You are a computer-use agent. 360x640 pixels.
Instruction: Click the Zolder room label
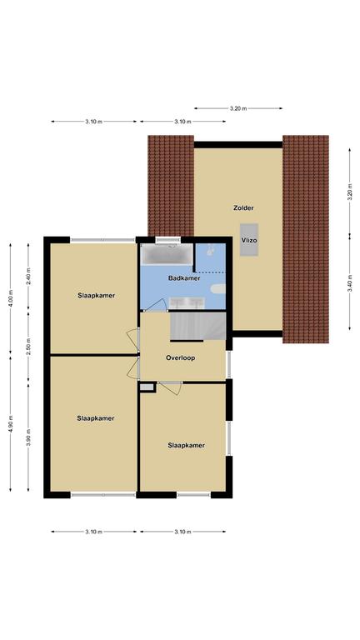[243, 207]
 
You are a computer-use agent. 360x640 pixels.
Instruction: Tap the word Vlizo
[249, 240]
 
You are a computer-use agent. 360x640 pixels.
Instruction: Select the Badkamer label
[184, 278]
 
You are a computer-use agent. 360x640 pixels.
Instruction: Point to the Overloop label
[180, 358]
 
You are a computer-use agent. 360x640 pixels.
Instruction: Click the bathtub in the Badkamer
[167, 255]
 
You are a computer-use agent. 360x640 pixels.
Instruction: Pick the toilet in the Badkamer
[218, 289]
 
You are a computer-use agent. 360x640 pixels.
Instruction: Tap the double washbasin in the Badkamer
[187, 302]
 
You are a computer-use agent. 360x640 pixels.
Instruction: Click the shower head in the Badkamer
[210, 250]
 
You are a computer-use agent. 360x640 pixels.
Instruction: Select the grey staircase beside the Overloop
[198, 326]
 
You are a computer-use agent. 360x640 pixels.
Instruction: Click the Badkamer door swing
[157, 305]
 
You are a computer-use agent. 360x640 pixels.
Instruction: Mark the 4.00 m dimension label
[11, 299]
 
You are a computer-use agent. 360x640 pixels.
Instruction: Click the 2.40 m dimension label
[28, 276]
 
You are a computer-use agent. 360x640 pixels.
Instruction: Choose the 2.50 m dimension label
[28, 347]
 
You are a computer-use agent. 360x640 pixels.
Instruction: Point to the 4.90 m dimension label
[11, 424]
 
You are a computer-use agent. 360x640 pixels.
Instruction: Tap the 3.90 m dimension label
[28, 437]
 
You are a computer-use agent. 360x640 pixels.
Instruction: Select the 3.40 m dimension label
[350, 283]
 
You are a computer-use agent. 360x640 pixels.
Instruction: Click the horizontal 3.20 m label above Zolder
[238, 108]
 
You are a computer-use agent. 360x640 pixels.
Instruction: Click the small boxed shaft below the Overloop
[147, 387]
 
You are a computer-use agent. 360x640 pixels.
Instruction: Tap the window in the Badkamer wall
[167, 240]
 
